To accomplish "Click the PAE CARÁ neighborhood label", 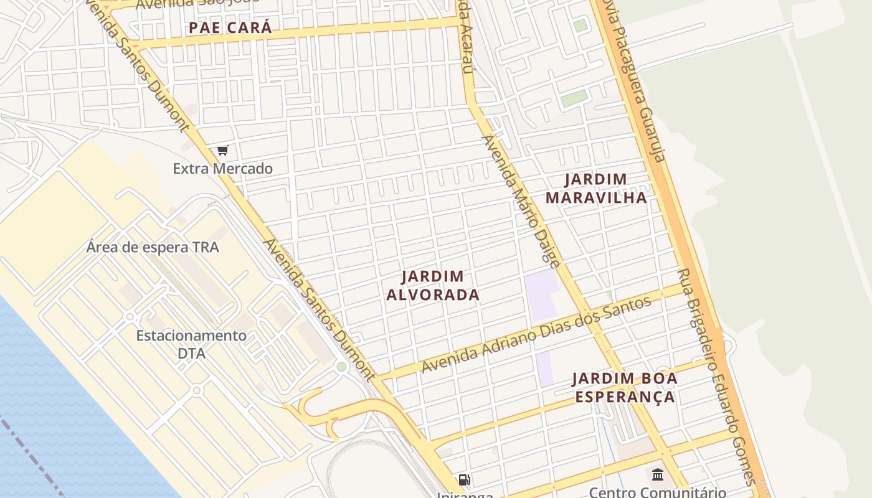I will pyautogui.click(x=230, y=28).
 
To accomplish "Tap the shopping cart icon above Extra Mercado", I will pyautogui.click(x=223, y=150).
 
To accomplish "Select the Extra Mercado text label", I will pyautogui.click(x=222, y=169).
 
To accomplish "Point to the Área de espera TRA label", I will pyautogui.click(x=153, y=247).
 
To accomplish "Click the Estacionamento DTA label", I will pyautogui.click(x=191, y=344).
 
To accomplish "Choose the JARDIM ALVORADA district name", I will pyautogui.click(x=433, y=285).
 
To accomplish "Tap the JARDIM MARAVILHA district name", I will pyautogui.click(x=596, y=189).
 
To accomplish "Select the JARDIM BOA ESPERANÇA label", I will pyautogui.click(x=625, y=387).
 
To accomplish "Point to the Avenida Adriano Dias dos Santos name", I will pyautogui.click(x=536, y=335).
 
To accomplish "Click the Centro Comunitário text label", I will pyautogui.click(x=657, y=492).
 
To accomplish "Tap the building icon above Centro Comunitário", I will pyautogui.click(x=657, y=476).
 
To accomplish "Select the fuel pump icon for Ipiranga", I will pyautogui.click(x=464, y=480).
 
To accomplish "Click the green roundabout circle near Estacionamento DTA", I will pyautogui.click(x=341, y=367).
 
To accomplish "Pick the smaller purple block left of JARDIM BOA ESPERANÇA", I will pyautogui.click(x=544, y=369).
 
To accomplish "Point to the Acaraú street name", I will pyautogui.click(x=465, y=44).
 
